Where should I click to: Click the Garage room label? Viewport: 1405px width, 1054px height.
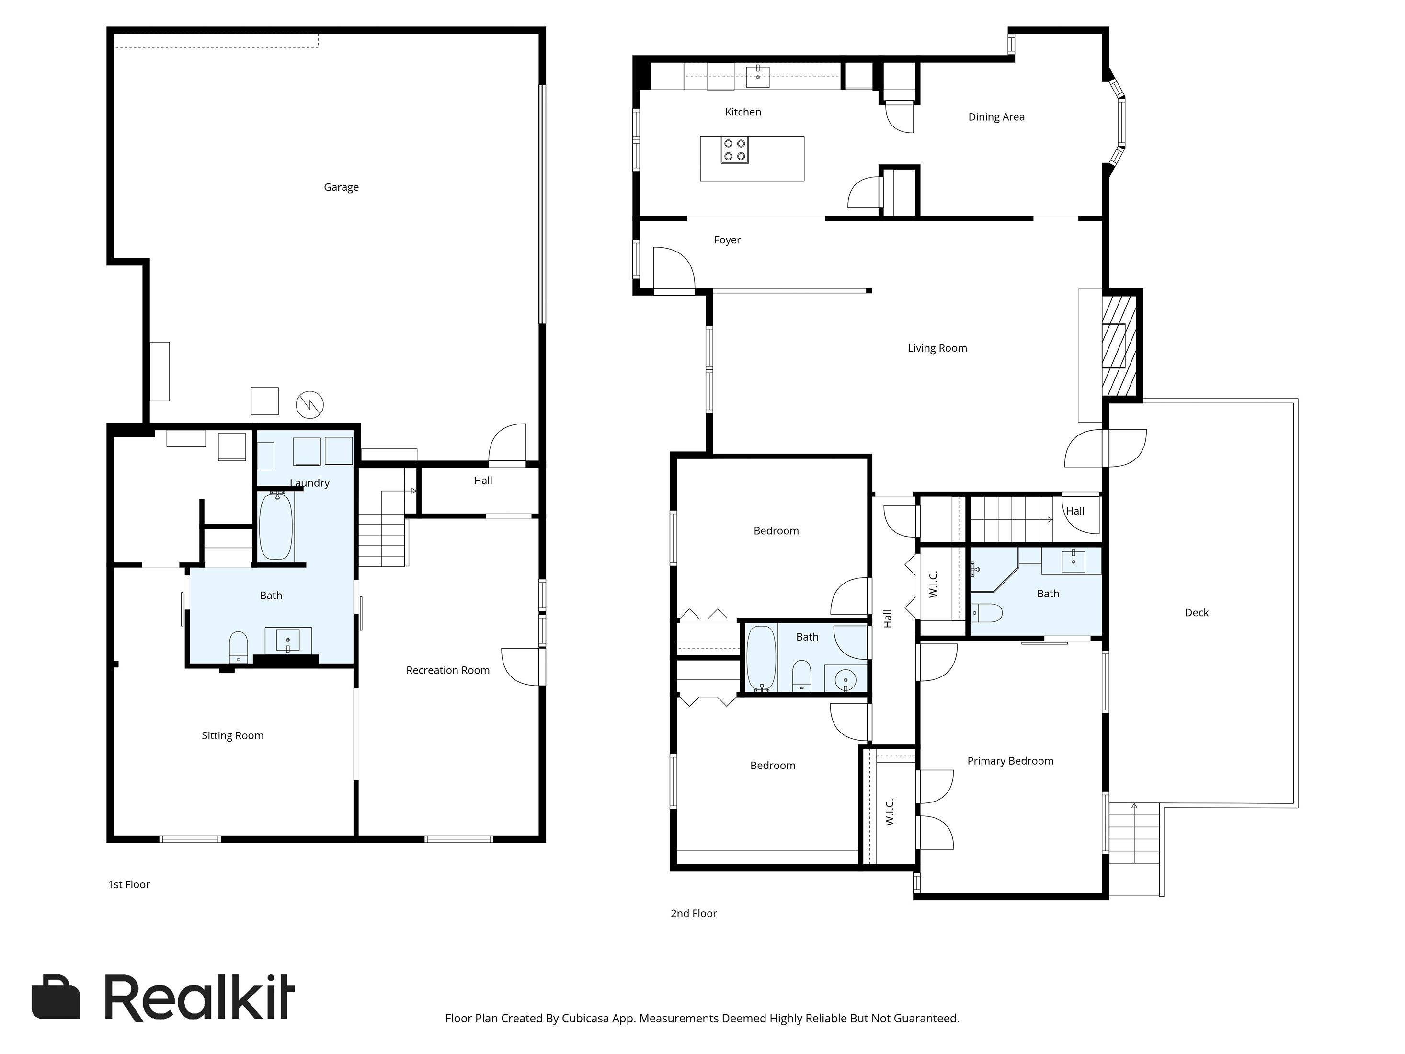click(x=341, y=187)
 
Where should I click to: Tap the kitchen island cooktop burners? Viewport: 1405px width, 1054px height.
click(x=734, y=150)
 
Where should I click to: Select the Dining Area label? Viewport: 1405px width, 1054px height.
click(x=996, y=117)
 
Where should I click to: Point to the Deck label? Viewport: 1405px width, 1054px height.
click(x=1196, y=612)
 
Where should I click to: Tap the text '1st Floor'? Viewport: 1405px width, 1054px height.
click(x=129, y=884)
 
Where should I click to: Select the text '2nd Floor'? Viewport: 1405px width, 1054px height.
click(x=694, y=913)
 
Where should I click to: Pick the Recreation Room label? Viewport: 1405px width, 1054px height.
click(x=448, y=670)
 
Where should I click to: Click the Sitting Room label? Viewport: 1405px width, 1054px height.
click(x=232, y=736)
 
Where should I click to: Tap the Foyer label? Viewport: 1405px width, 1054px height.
click(x=727, y=240)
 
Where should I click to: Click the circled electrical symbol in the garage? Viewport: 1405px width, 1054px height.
click(x=310, y=404)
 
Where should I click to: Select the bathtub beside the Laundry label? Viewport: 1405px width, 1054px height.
click(x=275, y=526)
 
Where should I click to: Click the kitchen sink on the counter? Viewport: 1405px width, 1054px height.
click(x=758, y=76)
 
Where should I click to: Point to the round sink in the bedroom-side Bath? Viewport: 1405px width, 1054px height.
click(x=845, y=680)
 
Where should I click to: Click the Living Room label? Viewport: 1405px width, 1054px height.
click(x=937, y=348)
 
